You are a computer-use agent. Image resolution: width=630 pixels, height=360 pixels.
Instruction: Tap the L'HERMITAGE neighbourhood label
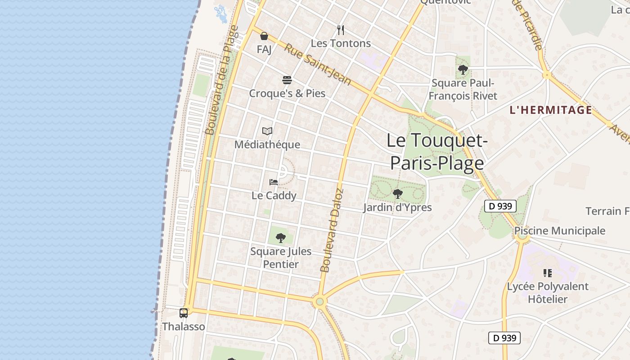[x=551, y=110]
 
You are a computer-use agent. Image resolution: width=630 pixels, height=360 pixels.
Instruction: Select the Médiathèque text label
[x=267, y=144]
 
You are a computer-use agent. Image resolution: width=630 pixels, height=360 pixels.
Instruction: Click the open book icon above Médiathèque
[x=267, y=131]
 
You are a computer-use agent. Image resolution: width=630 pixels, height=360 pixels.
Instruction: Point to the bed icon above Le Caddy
[x=274, y=182]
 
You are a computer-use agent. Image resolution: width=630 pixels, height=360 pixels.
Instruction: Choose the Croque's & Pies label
[x=287, y=93]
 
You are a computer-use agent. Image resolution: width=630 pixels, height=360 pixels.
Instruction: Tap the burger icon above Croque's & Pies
[x=287, y=80]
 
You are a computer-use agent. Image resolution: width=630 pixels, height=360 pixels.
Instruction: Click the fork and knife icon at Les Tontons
[x=341, y=30]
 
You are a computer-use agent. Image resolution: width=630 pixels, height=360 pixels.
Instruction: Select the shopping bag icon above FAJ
[x=264, y=36]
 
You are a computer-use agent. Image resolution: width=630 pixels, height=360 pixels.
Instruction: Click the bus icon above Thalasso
[x=184, y=313]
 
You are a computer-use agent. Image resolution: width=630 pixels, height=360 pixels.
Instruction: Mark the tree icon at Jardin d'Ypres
[x=397, y=194]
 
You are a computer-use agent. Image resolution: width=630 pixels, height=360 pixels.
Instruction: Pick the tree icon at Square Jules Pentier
[x=280, y=238]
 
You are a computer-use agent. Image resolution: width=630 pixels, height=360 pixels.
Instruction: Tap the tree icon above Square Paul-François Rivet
[x=463, y=70]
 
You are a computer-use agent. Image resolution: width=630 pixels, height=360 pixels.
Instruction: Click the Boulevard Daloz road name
[x=333, y=230]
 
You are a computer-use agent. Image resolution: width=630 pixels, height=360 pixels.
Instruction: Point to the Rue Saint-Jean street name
[x=317, y=64]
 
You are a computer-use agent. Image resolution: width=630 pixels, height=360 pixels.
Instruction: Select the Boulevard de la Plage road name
[x=221, y=80]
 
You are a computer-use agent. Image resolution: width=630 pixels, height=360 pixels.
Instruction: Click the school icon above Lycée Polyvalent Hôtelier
[x=548, y=273]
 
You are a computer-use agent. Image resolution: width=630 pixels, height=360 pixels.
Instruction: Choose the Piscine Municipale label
[x=560, y=231]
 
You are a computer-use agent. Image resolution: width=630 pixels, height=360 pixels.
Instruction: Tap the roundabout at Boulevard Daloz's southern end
[x=320, y=301]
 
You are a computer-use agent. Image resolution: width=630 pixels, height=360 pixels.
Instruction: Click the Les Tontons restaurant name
[x=341, y=43]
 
